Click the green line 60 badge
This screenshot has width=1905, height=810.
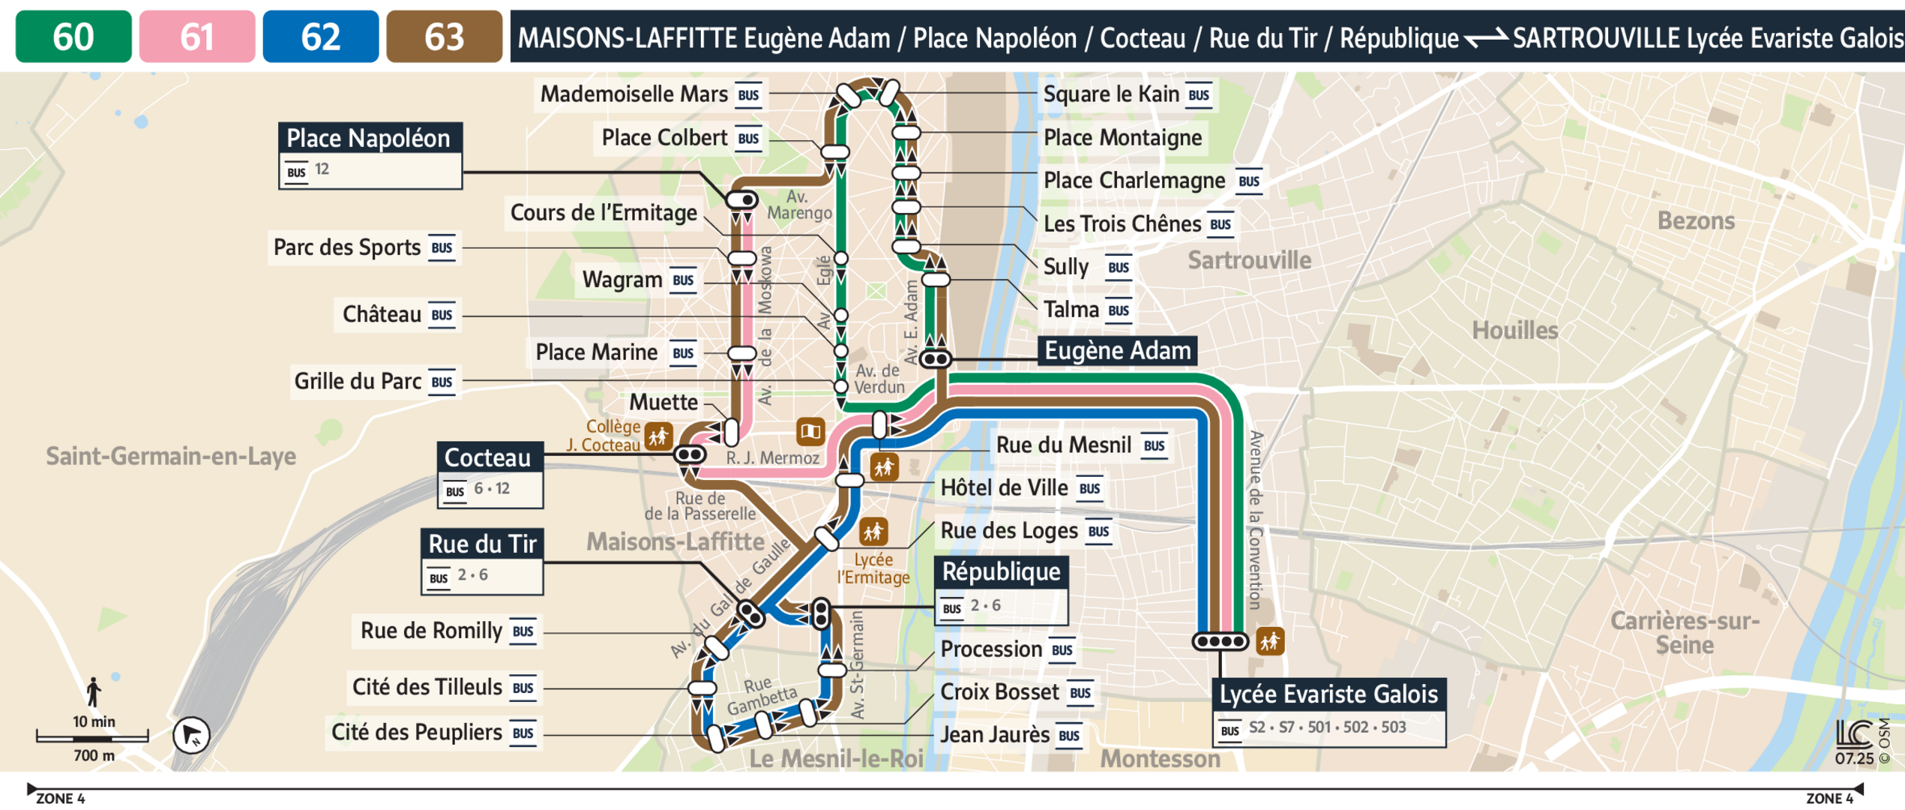73,36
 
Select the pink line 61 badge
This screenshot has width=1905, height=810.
196,36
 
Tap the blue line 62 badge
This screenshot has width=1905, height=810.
320,36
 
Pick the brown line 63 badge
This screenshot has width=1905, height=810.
444,36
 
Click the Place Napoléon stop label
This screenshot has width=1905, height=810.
369,139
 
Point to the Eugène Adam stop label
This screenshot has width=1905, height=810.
1116,350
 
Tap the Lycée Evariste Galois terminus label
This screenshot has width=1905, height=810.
1328,694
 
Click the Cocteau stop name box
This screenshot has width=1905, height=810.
488,457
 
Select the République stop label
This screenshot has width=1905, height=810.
1000,571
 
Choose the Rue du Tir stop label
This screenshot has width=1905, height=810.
482,544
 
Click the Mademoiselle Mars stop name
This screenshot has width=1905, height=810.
634,94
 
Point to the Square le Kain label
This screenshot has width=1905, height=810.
1111,94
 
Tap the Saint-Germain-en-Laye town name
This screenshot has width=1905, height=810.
171,456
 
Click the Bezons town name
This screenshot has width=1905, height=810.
1695,220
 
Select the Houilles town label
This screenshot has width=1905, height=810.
1514,330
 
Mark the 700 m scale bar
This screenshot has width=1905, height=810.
92,739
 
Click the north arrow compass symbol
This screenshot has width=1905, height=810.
191,735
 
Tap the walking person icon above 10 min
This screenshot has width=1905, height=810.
93,691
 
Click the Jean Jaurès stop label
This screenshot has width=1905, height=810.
994,735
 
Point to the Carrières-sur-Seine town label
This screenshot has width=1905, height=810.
1684,633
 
